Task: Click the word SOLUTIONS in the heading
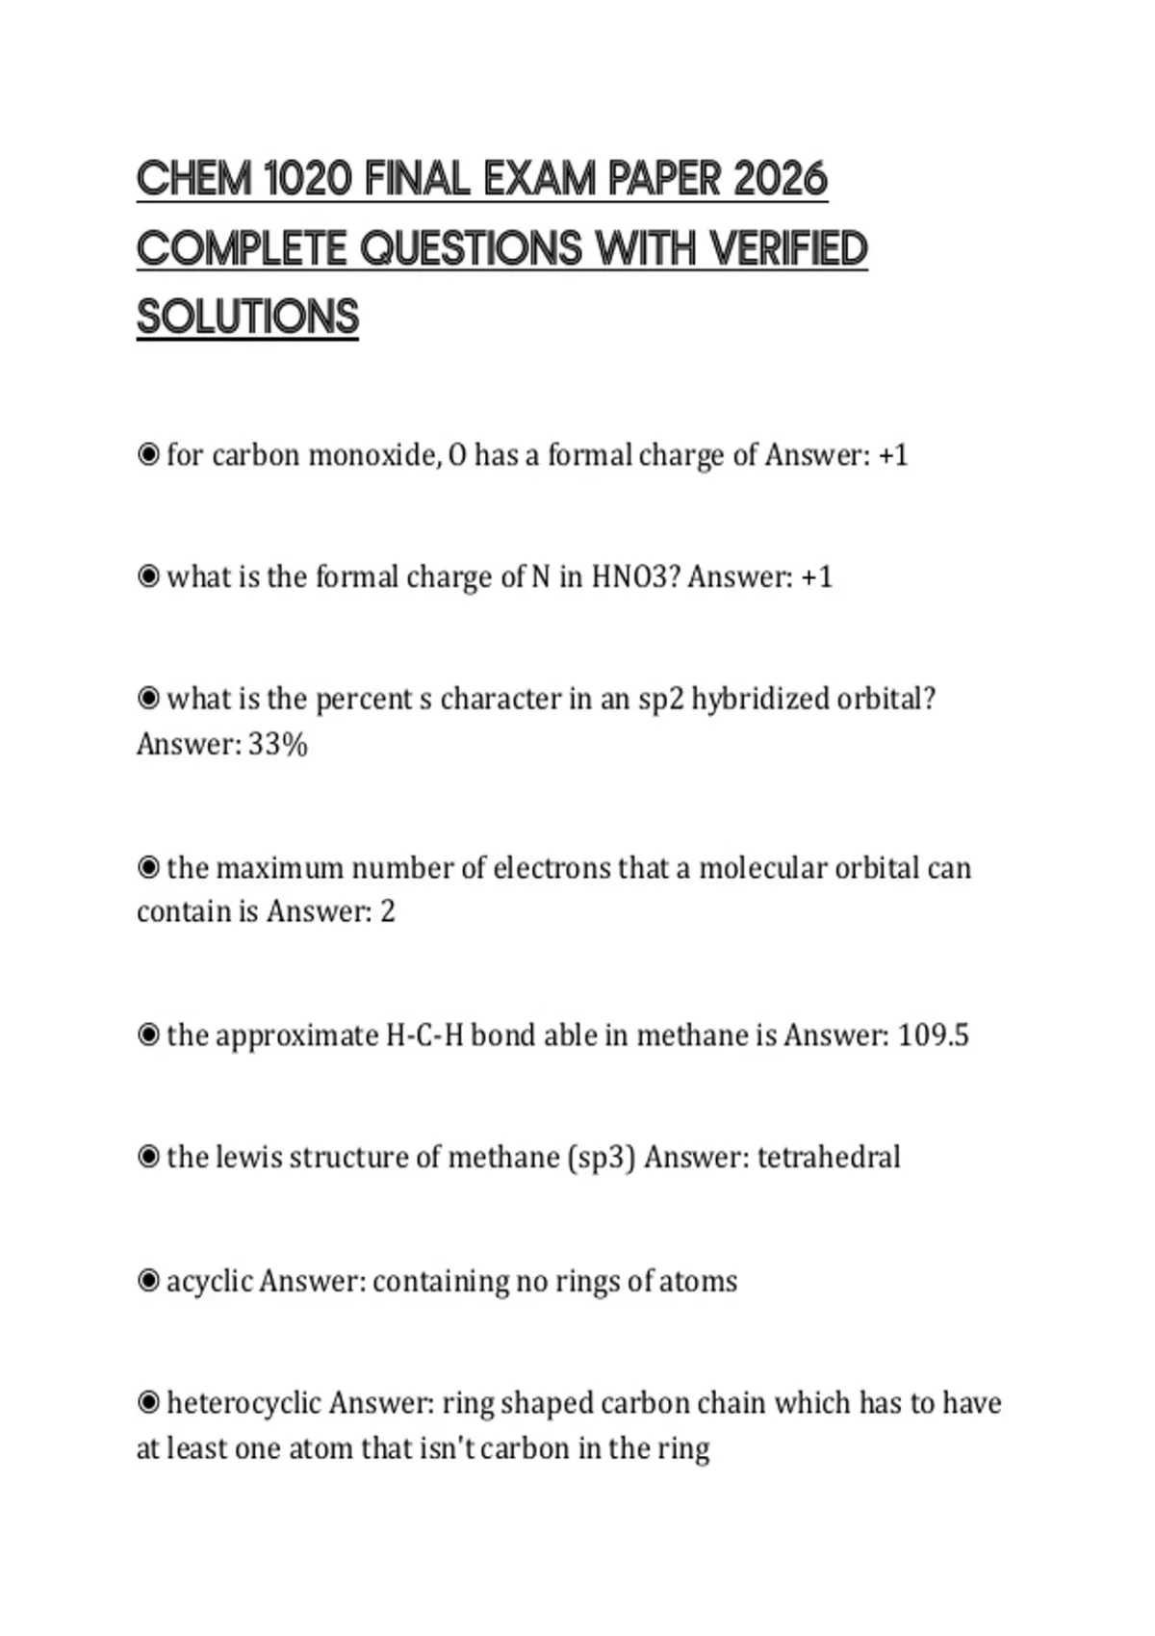click(x=247, y=318)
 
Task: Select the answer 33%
click(x=277, y=745)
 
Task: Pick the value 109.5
click(x=933, y=1035)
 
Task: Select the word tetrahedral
click(x=829, y=1157)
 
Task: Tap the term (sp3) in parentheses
click(x=603, y=1157)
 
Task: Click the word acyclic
click(x=209, y=1282)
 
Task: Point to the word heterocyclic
click(x=244, y=1403)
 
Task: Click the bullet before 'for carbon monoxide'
click(x=148, y=455)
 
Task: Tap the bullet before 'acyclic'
click(x=148, y=1282)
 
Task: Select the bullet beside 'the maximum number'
click(x=148, y=868)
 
